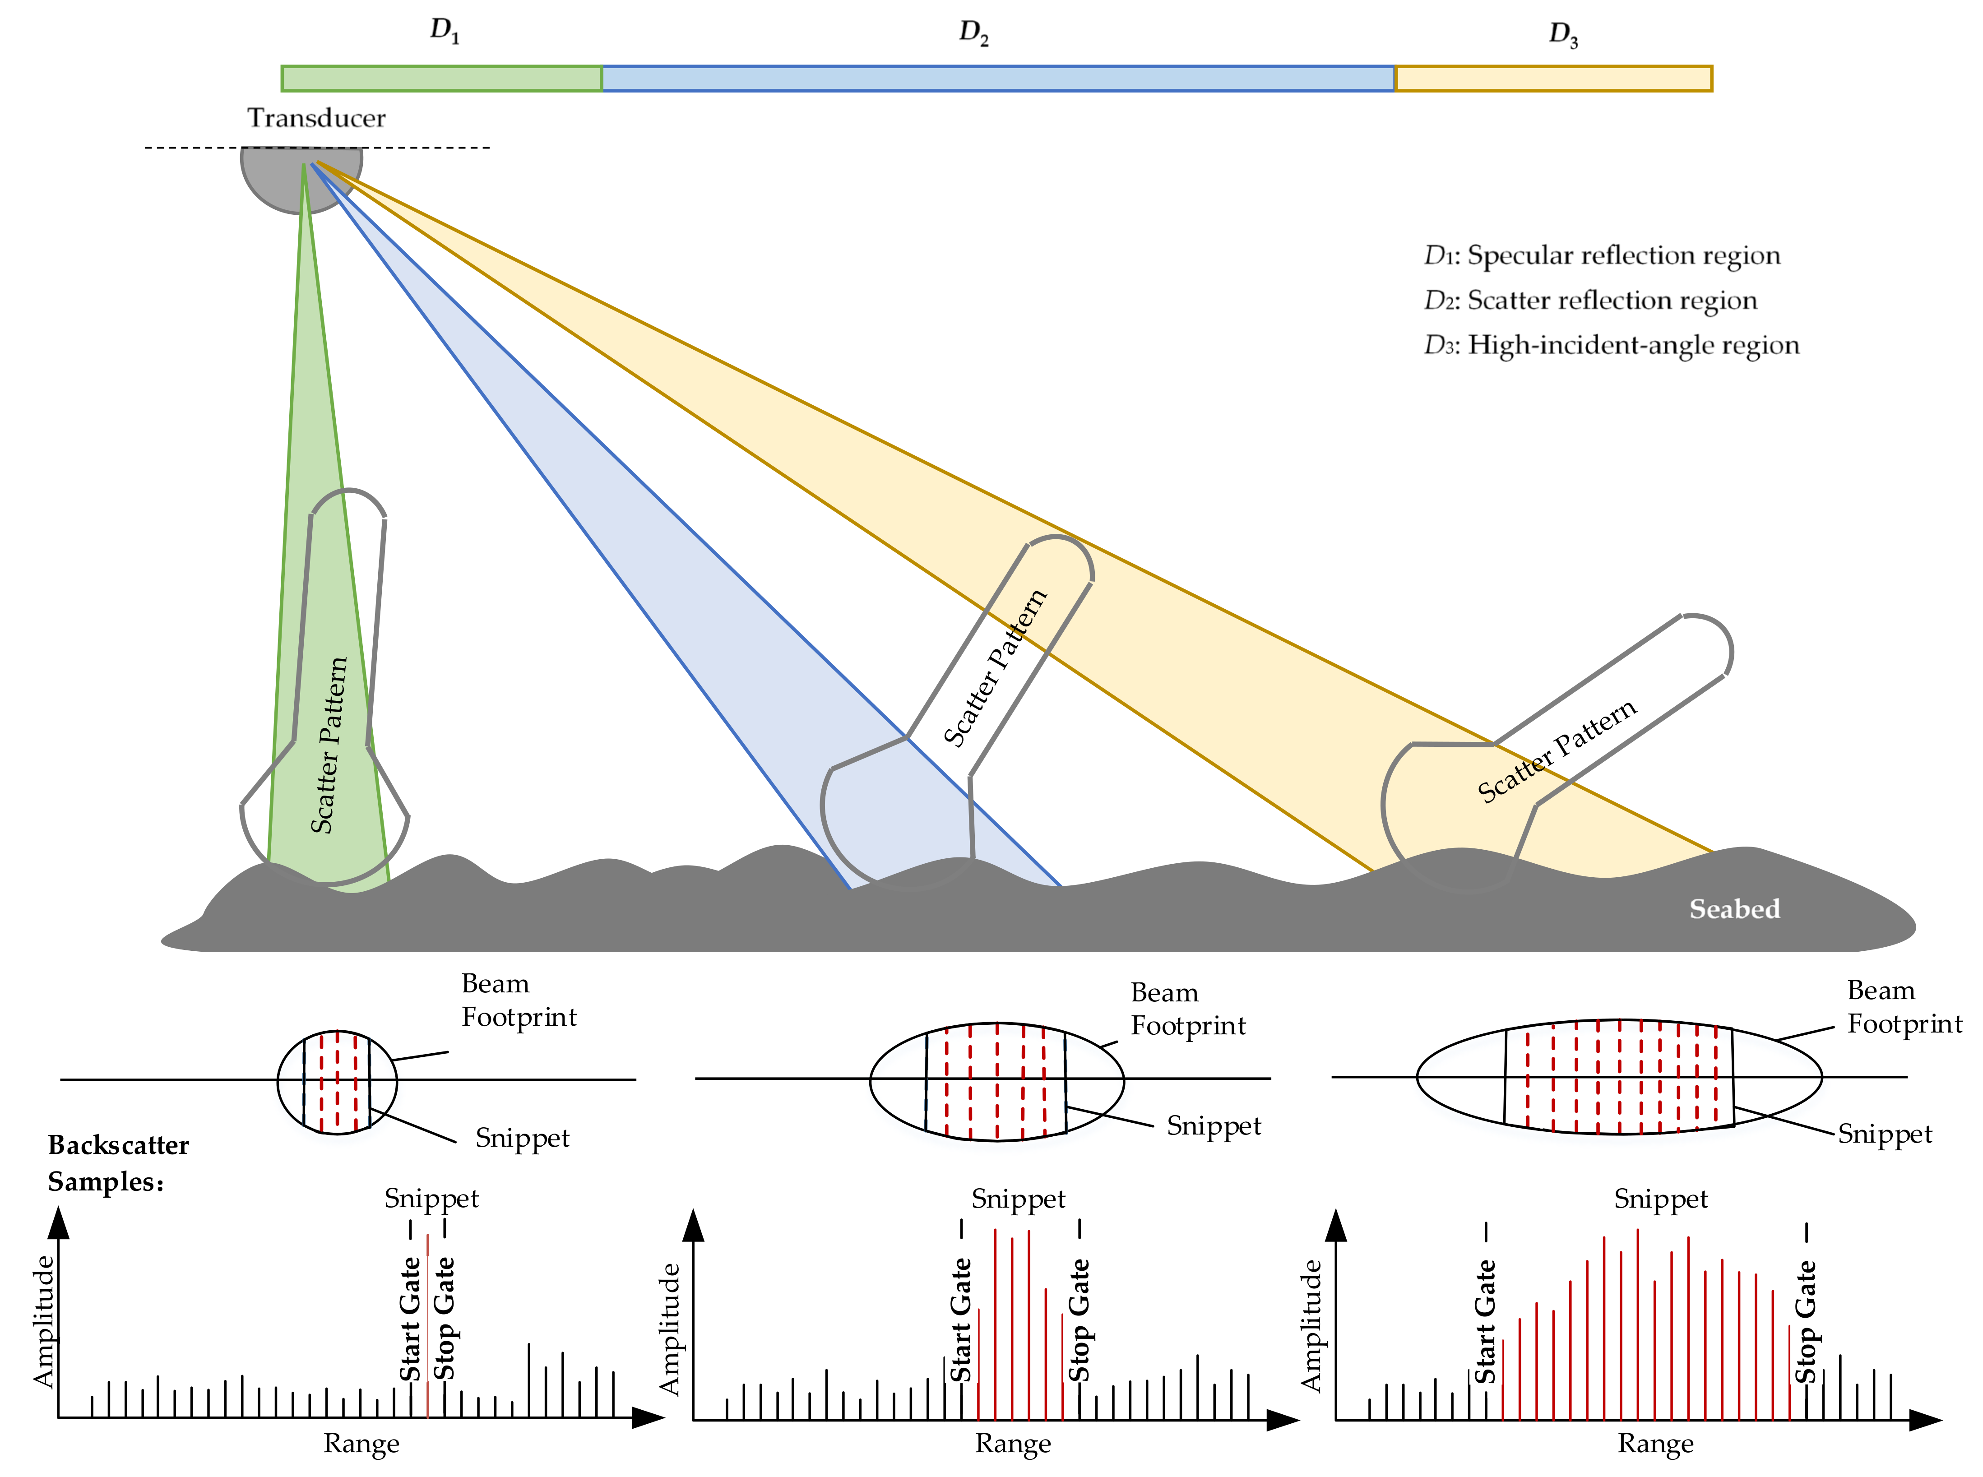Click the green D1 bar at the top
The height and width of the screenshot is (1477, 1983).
click(442, 79)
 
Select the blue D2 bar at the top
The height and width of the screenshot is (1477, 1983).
click(998, 79)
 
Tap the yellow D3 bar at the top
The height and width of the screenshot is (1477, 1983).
click(1553, 79)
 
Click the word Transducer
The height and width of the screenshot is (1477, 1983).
click(316, 118)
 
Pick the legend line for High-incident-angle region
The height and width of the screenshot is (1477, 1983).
click(1611, 345)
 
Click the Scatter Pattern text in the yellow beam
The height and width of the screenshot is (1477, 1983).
click(1556, 751)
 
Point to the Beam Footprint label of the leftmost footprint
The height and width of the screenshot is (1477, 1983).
click(519, 1000)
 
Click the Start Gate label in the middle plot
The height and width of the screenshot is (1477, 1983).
click(960, 1320)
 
